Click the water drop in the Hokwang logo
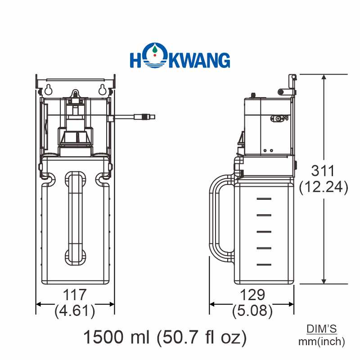pos(155,49)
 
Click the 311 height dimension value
pos(323,171)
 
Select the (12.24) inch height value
pos(324,187)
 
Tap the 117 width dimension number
pos(75,295)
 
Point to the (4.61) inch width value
pos(75,310)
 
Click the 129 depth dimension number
pos(252,295)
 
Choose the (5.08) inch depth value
pos(252,310)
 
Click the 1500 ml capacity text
pos(117,337)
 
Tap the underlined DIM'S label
pos(322,329)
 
